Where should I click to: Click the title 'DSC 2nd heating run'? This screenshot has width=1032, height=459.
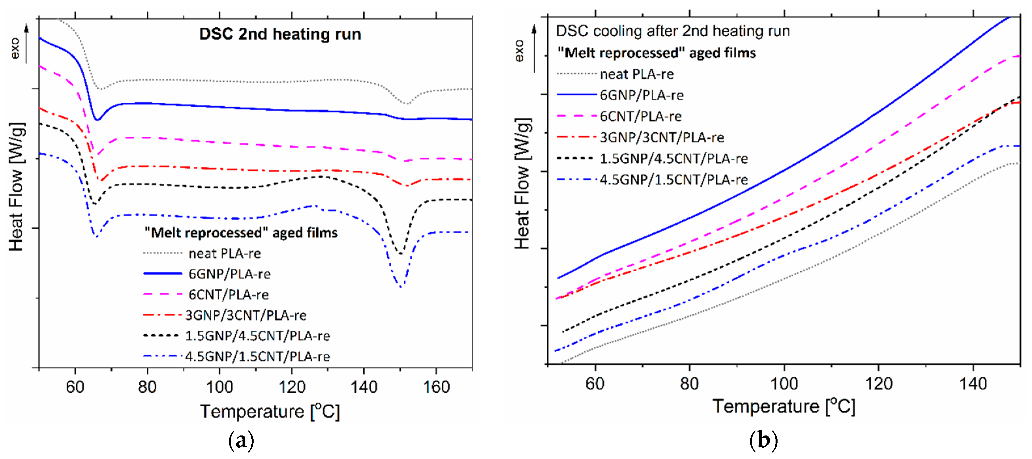(x=280, y=34)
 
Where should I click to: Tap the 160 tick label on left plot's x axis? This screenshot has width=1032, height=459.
(x=436, y=387)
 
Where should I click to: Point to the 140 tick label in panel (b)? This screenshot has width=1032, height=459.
(x=973, y=384)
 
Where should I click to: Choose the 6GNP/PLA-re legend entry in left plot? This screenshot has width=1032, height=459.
(x=229, y=274)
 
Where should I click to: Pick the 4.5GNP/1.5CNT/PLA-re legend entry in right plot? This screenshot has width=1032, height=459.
(x=673, y=180)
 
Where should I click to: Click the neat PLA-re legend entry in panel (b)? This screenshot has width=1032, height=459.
(x=637, y=74)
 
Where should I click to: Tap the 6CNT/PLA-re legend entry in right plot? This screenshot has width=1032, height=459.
(x=641, y=117)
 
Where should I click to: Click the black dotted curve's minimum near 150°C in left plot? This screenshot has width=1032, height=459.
(x=400, y=253)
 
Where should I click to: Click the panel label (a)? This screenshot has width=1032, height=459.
(x=241, y=441)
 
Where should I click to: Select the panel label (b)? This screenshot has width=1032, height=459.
(x=763, y=440)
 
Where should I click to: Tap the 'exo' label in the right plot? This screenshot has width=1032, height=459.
(x=519, y=51)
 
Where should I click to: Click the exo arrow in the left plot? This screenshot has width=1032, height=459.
(x=26, y=44)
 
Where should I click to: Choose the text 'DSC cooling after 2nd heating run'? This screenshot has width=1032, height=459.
(x=673, y=31)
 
